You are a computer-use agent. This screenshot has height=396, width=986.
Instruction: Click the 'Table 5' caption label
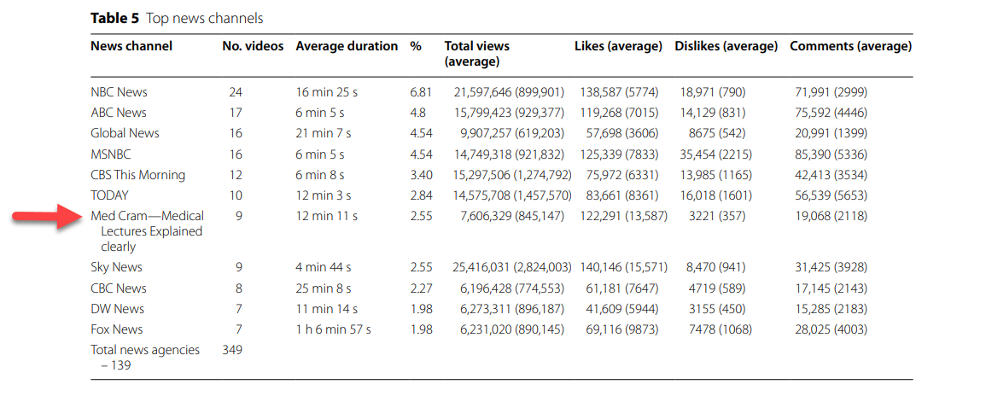coord(114,18)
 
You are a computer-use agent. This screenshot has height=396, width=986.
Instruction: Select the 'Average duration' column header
coord(347,46)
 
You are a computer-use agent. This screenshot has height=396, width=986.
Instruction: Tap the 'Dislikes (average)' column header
coord(726,46)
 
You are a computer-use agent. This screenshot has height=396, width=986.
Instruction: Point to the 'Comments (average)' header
coord(851,46)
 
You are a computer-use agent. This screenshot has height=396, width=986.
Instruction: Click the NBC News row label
coord(119,92)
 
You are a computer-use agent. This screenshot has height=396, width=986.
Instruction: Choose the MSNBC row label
coord(111,154)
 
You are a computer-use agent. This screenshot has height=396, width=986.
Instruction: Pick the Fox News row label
coord(116,329)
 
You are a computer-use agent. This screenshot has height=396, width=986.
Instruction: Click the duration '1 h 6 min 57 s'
coord(333,329)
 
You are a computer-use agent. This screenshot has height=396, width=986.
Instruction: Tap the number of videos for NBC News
coord(235,92)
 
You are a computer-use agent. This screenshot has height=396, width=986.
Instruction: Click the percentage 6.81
coord(421,92)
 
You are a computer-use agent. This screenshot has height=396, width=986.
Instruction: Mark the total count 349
coord(232,350)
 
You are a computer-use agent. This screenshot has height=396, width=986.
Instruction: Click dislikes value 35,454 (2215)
coord(715,154)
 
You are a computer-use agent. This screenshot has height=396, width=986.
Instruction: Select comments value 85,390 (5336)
coord(832,154)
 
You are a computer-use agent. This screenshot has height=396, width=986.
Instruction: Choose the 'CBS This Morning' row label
coord(137,175)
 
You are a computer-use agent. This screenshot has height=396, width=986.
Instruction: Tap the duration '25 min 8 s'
coord(324,288)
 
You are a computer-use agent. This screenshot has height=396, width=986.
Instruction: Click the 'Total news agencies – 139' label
coord(145,357)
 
